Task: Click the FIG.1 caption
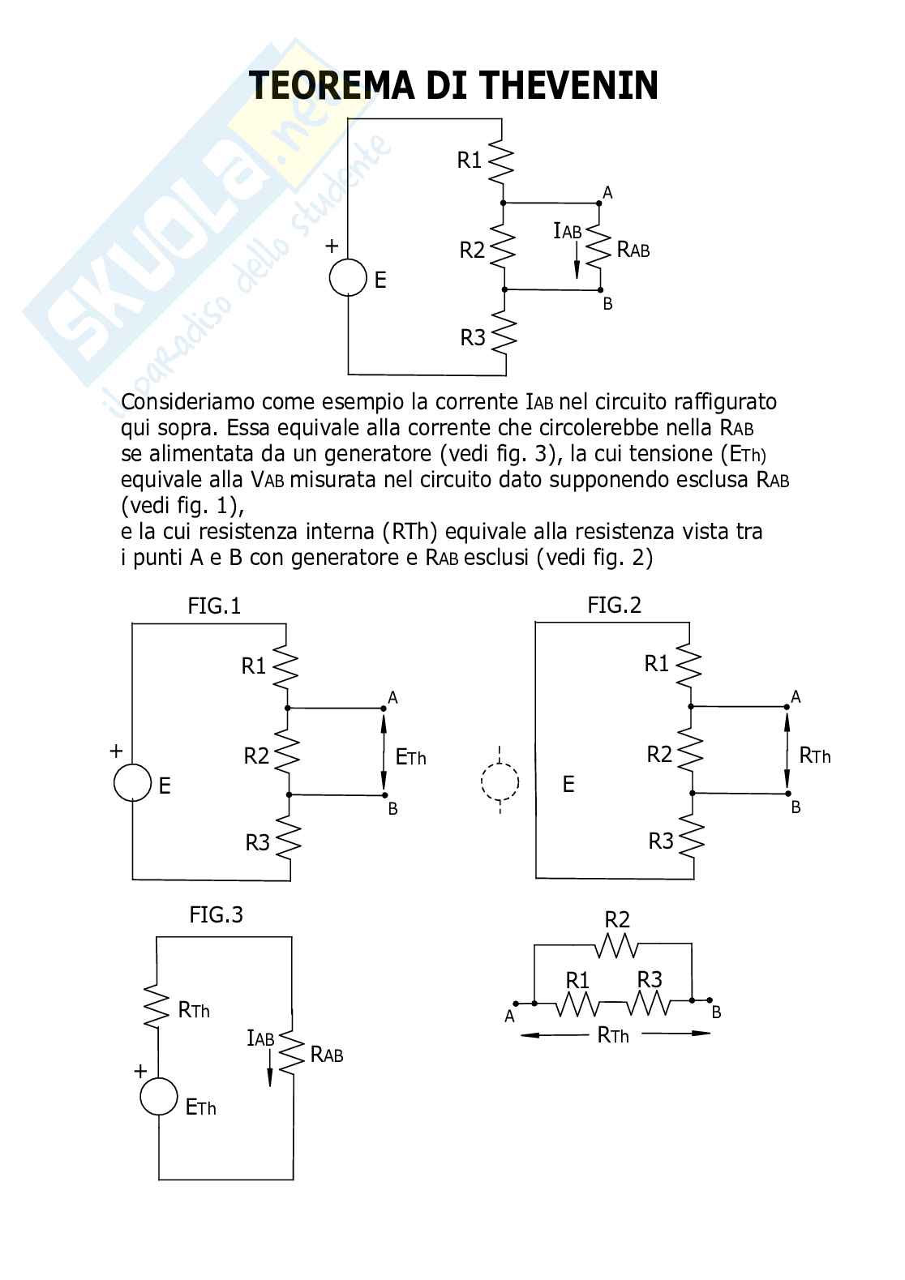214,606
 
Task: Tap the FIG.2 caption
614,605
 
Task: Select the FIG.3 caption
216,914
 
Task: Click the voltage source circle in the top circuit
348,277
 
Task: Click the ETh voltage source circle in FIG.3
158,1097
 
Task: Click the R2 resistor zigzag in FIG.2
690,753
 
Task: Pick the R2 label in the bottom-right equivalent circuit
617,919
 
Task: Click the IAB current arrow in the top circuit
577,259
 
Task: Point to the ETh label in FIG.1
410,757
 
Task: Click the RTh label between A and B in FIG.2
814,756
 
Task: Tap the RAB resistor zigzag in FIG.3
292,1054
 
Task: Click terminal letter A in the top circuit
607,193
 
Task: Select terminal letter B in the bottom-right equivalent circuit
716,1012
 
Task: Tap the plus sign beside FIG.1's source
116,751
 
